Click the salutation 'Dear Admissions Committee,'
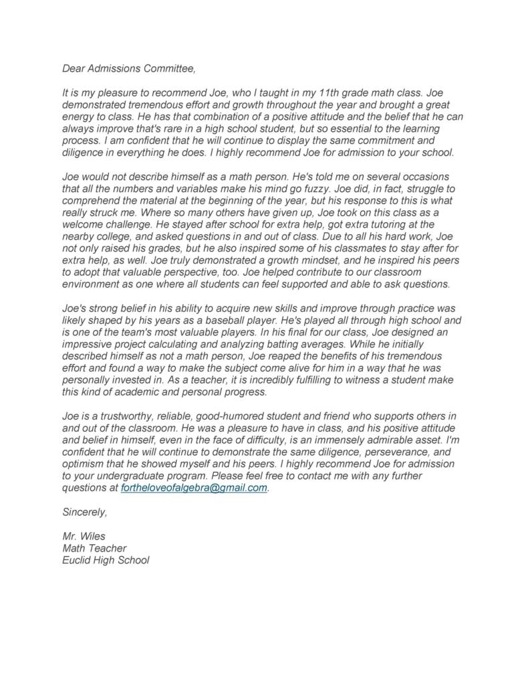tap(130, 68)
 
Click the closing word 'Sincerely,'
tap(84, 512)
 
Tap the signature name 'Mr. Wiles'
tap(84, 536)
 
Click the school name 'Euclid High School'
tap(106, 560)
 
